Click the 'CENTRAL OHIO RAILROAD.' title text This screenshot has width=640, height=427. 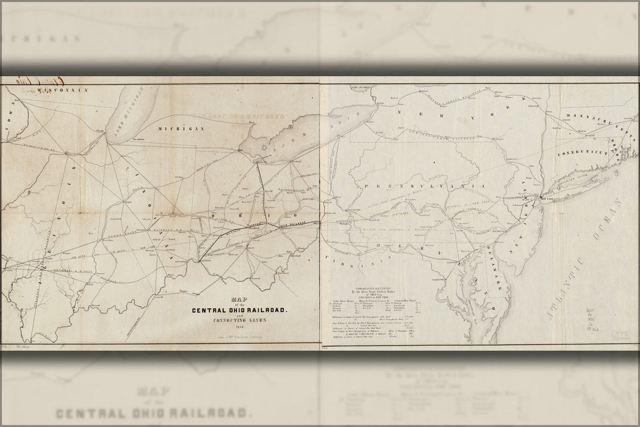point(240,310)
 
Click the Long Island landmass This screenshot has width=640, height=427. point(586,181)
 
